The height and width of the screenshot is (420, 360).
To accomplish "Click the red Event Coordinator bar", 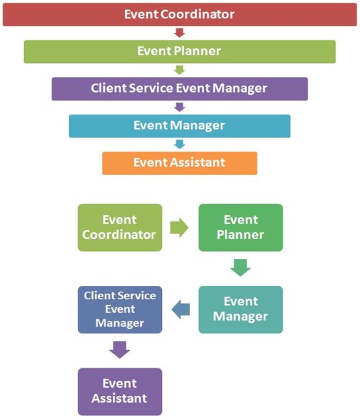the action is [x=179, y=15].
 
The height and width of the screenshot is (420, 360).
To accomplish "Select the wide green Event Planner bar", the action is [x=179, y=52].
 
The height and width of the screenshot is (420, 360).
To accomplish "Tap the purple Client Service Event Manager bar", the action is [x=179, y=89].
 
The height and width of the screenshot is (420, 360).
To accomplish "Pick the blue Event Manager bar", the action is [x=179, y=126].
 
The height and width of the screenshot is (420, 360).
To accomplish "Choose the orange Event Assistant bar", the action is [x=179, y=163].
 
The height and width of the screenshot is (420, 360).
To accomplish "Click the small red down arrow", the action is [x=179, y=33].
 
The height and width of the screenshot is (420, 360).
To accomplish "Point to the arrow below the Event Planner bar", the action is [x=179, y=70].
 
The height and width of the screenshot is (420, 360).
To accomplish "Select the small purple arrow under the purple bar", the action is [x=179, y=107].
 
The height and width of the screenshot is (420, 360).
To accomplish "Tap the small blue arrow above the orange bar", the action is [x=179, y=144].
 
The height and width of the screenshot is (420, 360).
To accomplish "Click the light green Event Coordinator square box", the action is [x=120, y=227].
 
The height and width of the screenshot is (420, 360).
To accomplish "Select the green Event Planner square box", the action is [x=240, y=227].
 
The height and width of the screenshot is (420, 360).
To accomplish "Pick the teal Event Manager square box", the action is [x=240, y=310].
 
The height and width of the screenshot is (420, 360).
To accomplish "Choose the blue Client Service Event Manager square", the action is [x=120, y=310].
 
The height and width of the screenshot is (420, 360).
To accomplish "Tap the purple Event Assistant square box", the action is [x=120, y=392].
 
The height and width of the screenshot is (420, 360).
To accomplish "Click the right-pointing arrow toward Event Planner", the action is [x=179, y=227].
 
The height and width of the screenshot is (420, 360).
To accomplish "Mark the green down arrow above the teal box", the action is [x=240, y=268].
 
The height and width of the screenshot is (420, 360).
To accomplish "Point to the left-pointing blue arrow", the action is [x=181, y=310].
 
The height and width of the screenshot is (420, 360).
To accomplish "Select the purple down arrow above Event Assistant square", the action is [x=120, y=350].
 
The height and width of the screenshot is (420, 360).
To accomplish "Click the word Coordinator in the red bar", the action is [x=197, y=14].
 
